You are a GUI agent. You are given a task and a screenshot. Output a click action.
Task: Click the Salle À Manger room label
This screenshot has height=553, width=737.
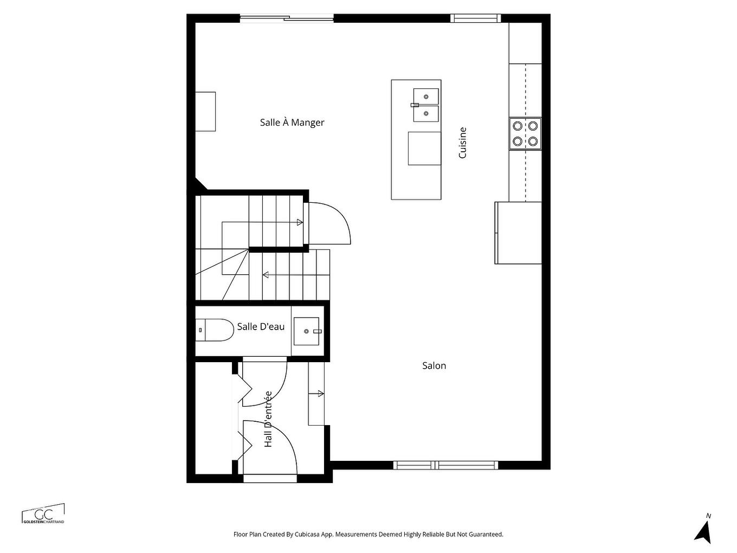[292, 123]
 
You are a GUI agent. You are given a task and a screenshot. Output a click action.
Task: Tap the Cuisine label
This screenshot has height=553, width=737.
[462, 143]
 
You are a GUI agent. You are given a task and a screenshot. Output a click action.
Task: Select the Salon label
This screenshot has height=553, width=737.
[434, 366]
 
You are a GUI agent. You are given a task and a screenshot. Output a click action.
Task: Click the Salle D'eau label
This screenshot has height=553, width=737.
[261, 327]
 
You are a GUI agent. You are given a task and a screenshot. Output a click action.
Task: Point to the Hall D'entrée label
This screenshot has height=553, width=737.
[268, 420]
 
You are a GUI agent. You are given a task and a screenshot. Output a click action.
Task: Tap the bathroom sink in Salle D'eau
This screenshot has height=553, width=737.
[307, 331]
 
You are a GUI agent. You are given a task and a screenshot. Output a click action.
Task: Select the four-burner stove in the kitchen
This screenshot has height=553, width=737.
[525, 133]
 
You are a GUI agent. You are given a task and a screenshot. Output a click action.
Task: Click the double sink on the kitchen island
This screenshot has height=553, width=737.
[426, 105]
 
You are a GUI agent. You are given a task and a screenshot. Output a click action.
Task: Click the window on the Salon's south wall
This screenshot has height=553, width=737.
[445, 465]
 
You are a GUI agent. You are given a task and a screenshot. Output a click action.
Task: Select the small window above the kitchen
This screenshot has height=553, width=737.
[475, 18]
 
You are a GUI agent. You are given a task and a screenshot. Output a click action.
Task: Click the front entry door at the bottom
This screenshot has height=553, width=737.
[270, 478]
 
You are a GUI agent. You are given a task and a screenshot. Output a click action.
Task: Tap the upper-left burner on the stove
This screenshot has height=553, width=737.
[518, 126]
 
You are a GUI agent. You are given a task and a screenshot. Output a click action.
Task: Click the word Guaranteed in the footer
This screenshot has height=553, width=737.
[483, 535]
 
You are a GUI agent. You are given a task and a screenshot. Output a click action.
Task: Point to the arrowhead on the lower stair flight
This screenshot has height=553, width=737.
[265, 275]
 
